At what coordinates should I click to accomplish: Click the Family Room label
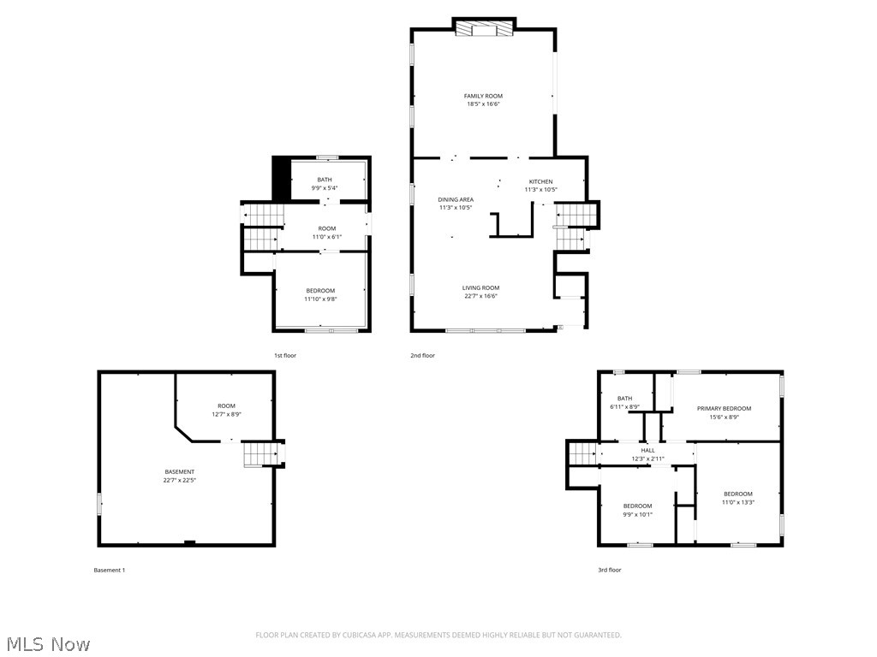coord(483,96)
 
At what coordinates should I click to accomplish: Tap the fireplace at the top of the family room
coord(484,29)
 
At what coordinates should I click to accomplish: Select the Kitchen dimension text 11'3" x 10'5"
coord(540,190)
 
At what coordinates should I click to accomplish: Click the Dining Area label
coord(456,199)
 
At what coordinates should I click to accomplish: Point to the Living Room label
coord(480,288)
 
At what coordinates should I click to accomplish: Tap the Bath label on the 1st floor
coord(325,180)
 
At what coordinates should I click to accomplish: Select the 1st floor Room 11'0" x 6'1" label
coord(326,228)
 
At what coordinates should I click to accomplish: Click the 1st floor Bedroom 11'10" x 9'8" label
coord(320,291)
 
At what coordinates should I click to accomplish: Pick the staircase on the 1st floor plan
coord(260,228)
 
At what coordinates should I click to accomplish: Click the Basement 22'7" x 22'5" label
coord(180,471)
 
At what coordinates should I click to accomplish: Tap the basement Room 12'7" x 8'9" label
coord(225,406)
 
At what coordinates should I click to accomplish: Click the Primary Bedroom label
coord(724,409)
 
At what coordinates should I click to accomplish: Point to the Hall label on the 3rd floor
coord(647,450)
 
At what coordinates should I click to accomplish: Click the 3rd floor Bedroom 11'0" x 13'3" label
coord(737,494)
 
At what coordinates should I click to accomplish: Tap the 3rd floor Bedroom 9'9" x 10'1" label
coord(637,506)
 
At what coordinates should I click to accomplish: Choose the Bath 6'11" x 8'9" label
coord(624,399)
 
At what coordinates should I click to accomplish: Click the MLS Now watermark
coord(46,643)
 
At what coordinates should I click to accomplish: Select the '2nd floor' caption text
coord(422,355)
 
